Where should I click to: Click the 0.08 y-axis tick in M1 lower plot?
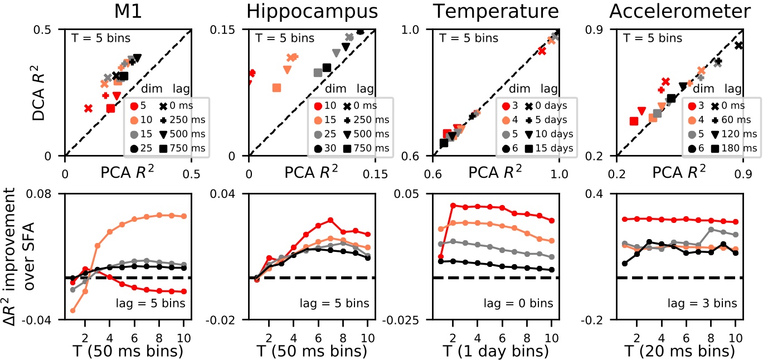(47, 193)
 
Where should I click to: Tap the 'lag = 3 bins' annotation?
(706, 303)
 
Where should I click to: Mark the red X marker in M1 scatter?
(88, 108)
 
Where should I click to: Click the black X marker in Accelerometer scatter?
(739, 45)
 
